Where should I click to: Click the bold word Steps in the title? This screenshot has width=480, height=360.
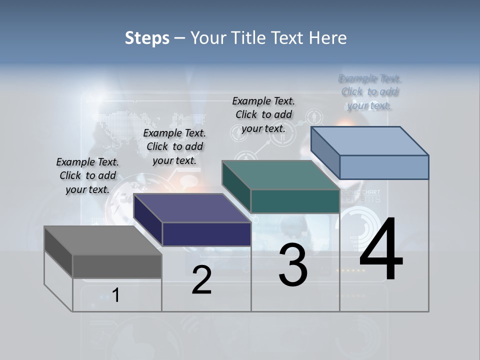click(x=147, y=38)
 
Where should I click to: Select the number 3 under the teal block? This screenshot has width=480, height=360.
click(x=293, y=265)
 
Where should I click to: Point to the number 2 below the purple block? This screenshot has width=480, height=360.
click(x=202, y=280)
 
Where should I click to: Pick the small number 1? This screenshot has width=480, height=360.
click(x=116, y=295)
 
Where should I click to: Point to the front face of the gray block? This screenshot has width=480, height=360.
click(x=117, y=266)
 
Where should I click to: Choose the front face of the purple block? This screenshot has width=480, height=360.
click(x=206, y=234)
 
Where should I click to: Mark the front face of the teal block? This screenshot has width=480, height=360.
click(x=295, y=201)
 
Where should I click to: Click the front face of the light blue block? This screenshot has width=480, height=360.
click(x=384, y=167)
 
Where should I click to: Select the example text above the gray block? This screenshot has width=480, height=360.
click(x=87, y=175)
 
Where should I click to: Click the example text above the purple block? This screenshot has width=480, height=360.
click(x=174, y=146)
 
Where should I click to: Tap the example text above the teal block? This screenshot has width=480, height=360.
click(x=263, y=114)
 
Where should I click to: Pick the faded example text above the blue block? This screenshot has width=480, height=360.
click(x=370, y=92)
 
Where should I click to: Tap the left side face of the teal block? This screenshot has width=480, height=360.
click(x=236, y=186)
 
